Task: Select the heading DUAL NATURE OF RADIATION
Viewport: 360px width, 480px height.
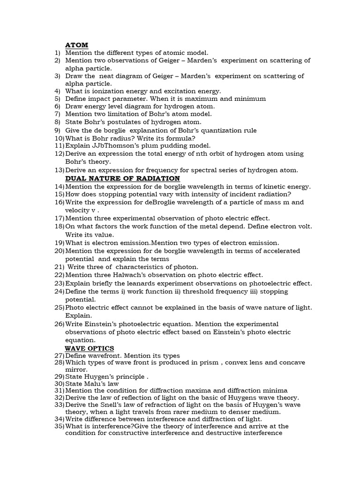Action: click(x=122, y=179)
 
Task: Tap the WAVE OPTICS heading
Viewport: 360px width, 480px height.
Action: click(x=89, y=348)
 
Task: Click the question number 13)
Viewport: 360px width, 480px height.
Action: click(x=59, y=170)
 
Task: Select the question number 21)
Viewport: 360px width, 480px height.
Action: click(x=59, y=267)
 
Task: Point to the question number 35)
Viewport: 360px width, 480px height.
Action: click(x=59, y=426)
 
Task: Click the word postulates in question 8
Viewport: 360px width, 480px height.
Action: click(x=124, y=122)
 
